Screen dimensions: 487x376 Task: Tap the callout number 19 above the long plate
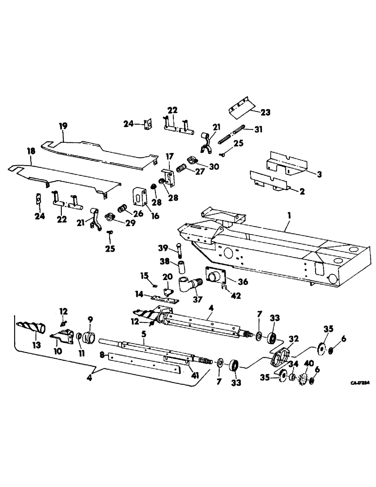point(63,126)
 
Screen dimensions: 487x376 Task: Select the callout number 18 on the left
point(32,152)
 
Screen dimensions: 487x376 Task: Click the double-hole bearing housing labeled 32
point(280,360)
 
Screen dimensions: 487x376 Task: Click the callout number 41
point(194,375)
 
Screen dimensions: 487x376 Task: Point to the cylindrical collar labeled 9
point(90,337)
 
